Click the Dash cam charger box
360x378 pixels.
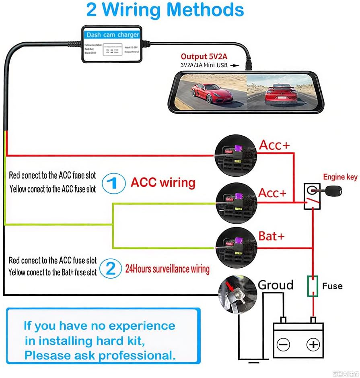(113, 44)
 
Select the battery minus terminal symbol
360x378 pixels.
(284, 344)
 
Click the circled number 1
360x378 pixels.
(113, 184)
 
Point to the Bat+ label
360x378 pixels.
(272, 236)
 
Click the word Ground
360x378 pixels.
(276, 285)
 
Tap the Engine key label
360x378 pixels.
(340, 177)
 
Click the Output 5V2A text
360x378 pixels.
(204, 56)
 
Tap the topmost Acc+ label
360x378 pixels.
(274, 145)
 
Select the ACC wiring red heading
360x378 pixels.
(163, 183)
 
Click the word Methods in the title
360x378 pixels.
(202, 9)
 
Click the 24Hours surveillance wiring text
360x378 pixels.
(167, 269)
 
